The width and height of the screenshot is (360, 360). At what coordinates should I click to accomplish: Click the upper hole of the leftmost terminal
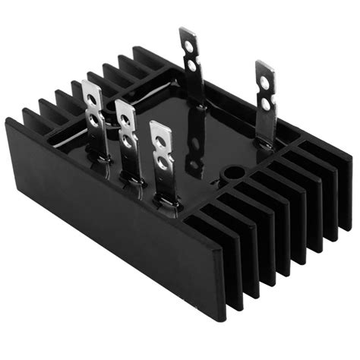coord(93,99)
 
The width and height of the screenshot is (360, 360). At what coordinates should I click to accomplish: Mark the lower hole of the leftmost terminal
coord(93,119)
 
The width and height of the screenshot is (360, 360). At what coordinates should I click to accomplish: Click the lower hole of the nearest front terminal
coord(162,160)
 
